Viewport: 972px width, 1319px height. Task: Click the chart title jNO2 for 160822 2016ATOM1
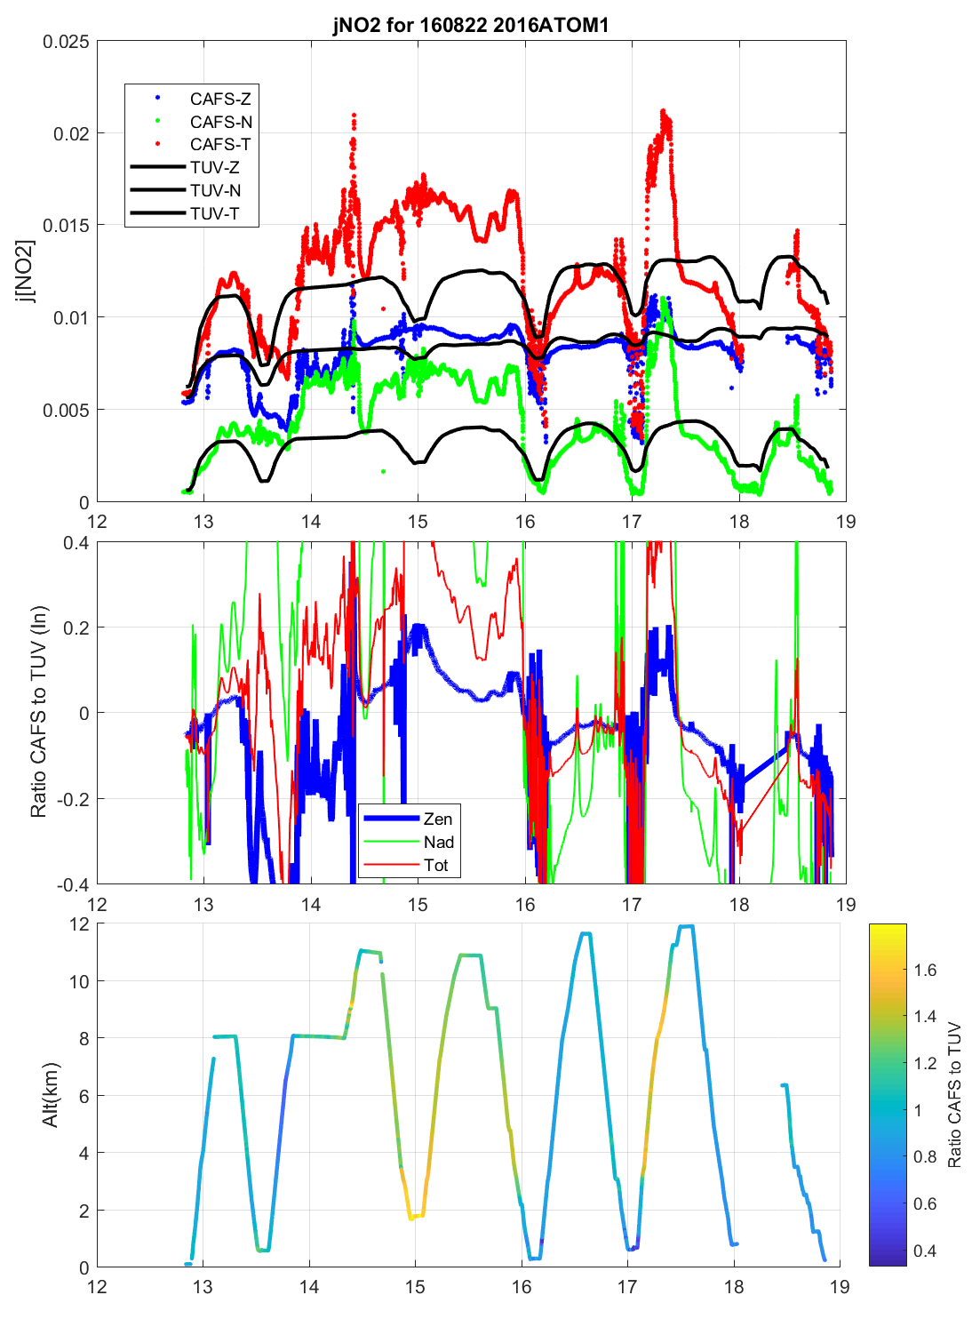(x=471, y=24)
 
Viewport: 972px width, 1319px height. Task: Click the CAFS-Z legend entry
(x=220, y=99)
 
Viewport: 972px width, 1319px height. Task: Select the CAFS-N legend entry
(x=220, y=122)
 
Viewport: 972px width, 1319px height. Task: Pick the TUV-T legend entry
(x=214, y=213)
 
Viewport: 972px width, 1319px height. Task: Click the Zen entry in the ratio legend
(x=437, y=819)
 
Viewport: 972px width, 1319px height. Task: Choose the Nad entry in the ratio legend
(x=438, y=842)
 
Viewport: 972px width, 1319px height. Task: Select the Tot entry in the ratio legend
(x=436, y=865)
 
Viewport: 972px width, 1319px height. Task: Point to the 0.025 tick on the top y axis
(x=67, y=42)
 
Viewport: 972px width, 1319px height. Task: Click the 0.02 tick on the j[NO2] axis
(x=71, y=133)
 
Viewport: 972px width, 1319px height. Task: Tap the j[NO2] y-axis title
(x=26, y=271)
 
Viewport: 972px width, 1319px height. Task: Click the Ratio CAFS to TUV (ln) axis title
(x=38, y=712)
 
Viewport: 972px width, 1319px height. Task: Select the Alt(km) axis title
(x=51, y=1095)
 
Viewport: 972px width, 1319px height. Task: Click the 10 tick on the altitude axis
(x=79, y=981)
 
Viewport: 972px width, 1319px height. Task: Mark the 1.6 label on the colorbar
(x=926, y=970)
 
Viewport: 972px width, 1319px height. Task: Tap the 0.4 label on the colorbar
(x=926, y=1251)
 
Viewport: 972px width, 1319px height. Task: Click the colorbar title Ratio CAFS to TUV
(x=955, y=1095)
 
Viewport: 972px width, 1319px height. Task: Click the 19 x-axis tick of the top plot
(x=846, y=522)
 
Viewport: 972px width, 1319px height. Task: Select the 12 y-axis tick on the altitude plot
(x=79, y=923)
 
